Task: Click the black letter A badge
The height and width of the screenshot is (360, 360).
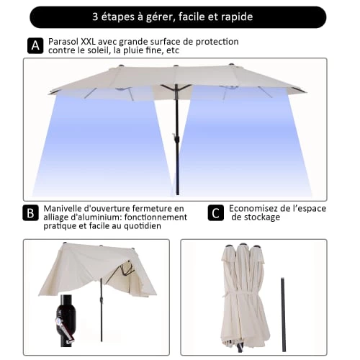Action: [35, 46]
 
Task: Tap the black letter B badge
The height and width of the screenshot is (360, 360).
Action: [30, 213]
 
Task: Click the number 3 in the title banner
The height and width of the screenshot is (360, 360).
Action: [96, 15]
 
